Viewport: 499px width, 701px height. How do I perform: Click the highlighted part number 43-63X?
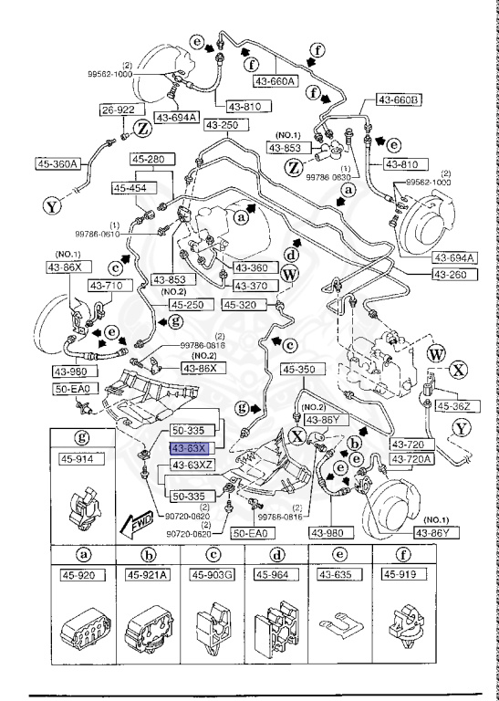(x=190, y=448)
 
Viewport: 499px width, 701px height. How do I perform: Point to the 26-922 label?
(x=119, y=110)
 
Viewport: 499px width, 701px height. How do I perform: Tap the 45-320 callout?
(x=244, y=306)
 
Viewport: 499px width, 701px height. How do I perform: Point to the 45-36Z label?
(x=453, y=406)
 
